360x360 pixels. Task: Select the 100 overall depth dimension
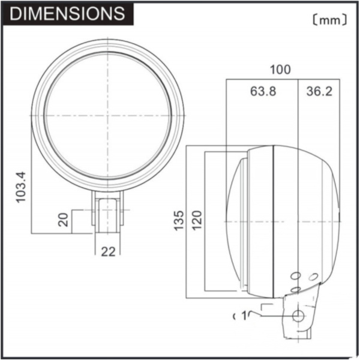pyautogui.click(x=280, y=69)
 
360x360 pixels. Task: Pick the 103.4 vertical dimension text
pyautogui.click(x=22, y=187)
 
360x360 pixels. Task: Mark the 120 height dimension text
pyautogui.click(x=197, y=220)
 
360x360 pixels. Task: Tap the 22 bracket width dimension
pyautogui.click(x=108, y=252)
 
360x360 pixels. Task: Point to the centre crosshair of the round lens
pyautogui.click(x=108, y=116)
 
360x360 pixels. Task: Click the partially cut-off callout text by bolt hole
pyautogui.click(x=245, y=316)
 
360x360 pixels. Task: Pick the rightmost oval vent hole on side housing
pyautogui.click(x=313, y=277)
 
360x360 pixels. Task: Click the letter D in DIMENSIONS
pyautogui.click(x=16, y=14)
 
